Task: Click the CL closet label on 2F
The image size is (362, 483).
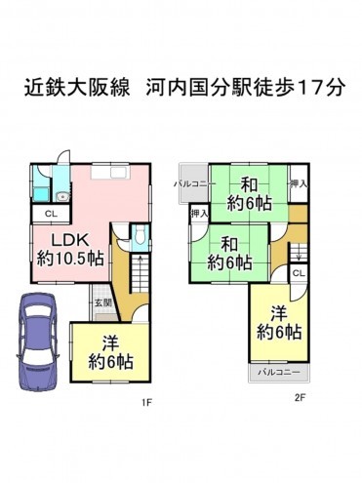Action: pyautogui.click(x=298, y=273)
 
